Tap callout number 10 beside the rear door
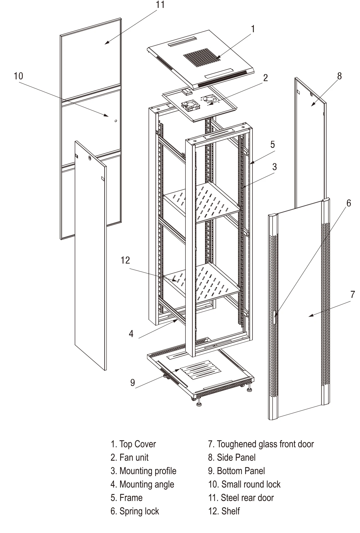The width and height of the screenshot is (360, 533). click(18, 76)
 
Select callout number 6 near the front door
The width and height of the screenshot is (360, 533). click(348, 203)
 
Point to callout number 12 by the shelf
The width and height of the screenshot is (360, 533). click(125, 260)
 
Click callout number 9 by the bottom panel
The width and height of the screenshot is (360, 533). click(133, 383)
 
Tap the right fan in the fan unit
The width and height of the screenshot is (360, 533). click(210, 99)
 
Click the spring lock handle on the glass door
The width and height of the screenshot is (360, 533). click(275, 317)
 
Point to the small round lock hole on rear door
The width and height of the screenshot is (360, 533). click(116, 121)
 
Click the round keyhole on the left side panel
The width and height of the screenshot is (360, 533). click(90, 158)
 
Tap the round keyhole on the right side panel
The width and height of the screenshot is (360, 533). click(311, 95)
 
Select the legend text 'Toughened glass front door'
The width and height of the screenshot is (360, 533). click(261, 444)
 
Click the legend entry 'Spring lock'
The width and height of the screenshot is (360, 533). click(135, 511)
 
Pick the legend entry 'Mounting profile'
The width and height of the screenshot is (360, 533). click(144, 471)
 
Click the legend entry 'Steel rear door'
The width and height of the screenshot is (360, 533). click(241, 498)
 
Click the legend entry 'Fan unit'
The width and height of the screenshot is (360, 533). click(129, 458)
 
